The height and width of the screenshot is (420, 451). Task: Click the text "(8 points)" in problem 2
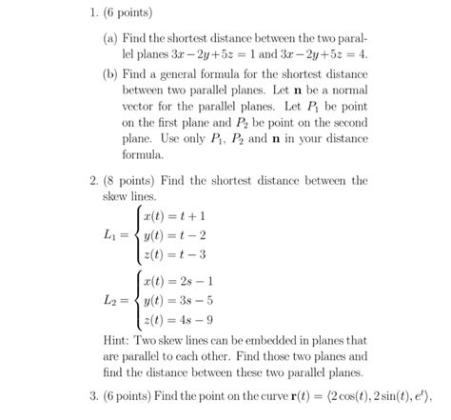pos(151,178)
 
